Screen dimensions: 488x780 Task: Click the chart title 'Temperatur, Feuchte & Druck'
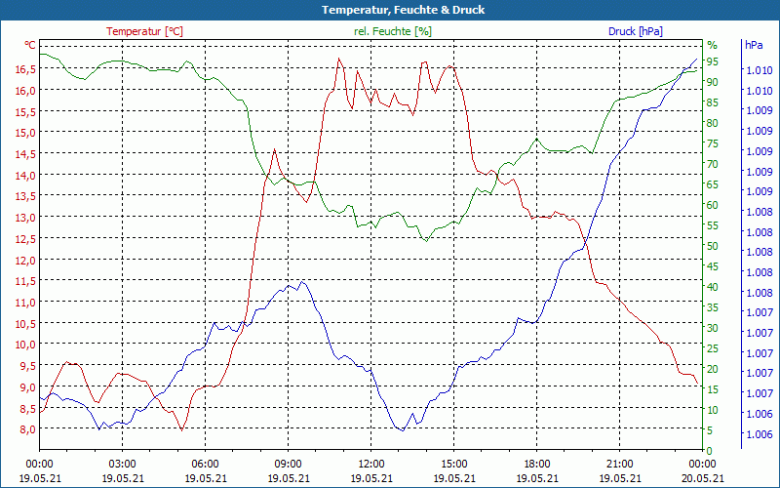(390, 10)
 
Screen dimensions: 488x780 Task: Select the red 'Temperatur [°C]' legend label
(144, 31)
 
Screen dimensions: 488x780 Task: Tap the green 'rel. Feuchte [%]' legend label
(392, 31)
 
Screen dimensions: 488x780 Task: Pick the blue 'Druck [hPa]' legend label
(635, 31)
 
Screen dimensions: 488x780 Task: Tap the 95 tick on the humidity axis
(712, 61)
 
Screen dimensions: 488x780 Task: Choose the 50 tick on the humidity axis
(712, 245)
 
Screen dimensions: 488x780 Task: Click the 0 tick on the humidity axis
(709, 450)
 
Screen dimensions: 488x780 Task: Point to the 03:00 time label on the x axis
(122, 464)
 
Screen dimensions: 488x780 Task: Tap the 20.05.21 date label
(702, 478)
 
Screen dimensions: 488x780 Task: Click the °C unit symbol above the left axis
(30, 45)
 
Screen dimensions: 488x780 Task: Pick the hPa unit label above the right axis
(754, 45)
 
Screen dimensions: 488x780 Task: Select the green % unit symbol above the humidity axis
(712, 45)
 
